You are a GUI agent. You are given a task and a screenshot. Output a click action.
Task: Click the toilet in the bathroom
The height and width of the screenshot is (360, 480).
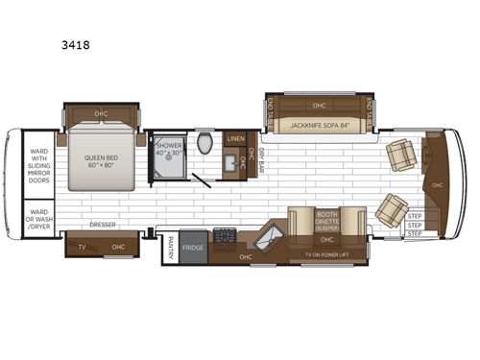(204, 144)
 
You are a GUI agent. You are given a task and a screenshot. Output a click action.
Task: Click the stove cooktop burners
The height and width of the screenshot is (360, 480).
(225, 235)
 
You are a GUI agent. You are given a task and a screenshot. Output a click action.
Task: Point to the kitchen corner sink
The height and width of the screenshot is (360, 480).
(271, 234)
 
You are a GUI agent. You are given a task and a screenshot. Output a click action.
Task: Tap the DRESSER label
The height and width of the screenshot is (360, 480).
(103, 227)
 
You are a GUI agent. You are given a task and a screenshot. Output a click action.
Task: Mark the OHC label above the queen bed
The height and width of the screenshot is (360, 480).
(101, 114)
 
